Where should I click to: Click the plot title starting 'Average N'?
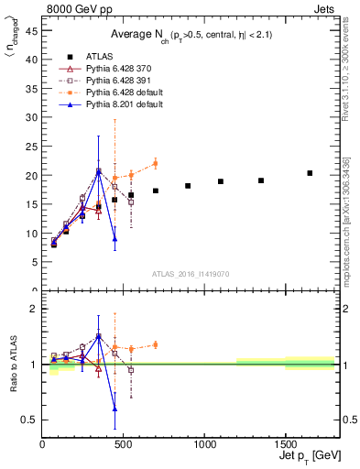point(178,35)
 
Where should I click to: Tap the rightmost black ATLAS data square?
point(310,173)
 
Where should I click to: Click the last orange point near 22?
point(155,164)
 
